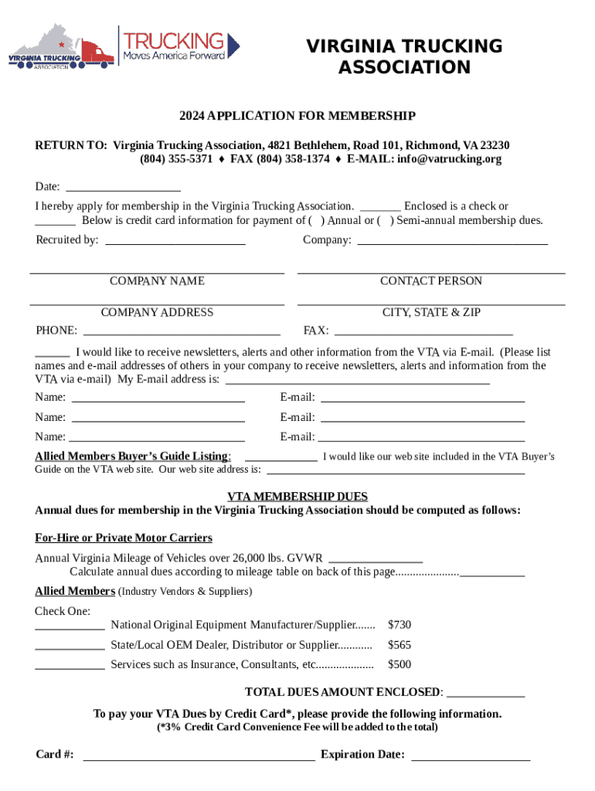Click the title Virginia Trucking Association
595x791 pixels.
coord(404,57)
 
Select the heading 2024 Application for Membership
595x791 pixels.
coord(297,116)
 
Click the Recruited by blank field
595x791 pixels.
coord(175,240)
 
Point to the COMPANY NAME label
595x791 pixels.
coord(157,281)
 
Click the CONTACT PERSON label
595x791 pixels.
coord(430,281)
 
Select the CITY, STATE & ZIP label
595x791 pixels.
coord(430,313)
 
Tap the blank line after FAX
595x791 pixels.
coord(423,331)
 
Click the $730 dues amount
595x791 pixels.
coord(399,624)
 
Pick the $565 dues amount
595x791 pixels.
coord(399,645)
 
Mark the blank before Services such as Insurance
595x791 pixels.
coord(70,665)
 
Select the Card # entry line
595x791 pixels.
coord(199,755)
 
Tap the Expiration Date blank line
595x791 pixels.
coord(471,755)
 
